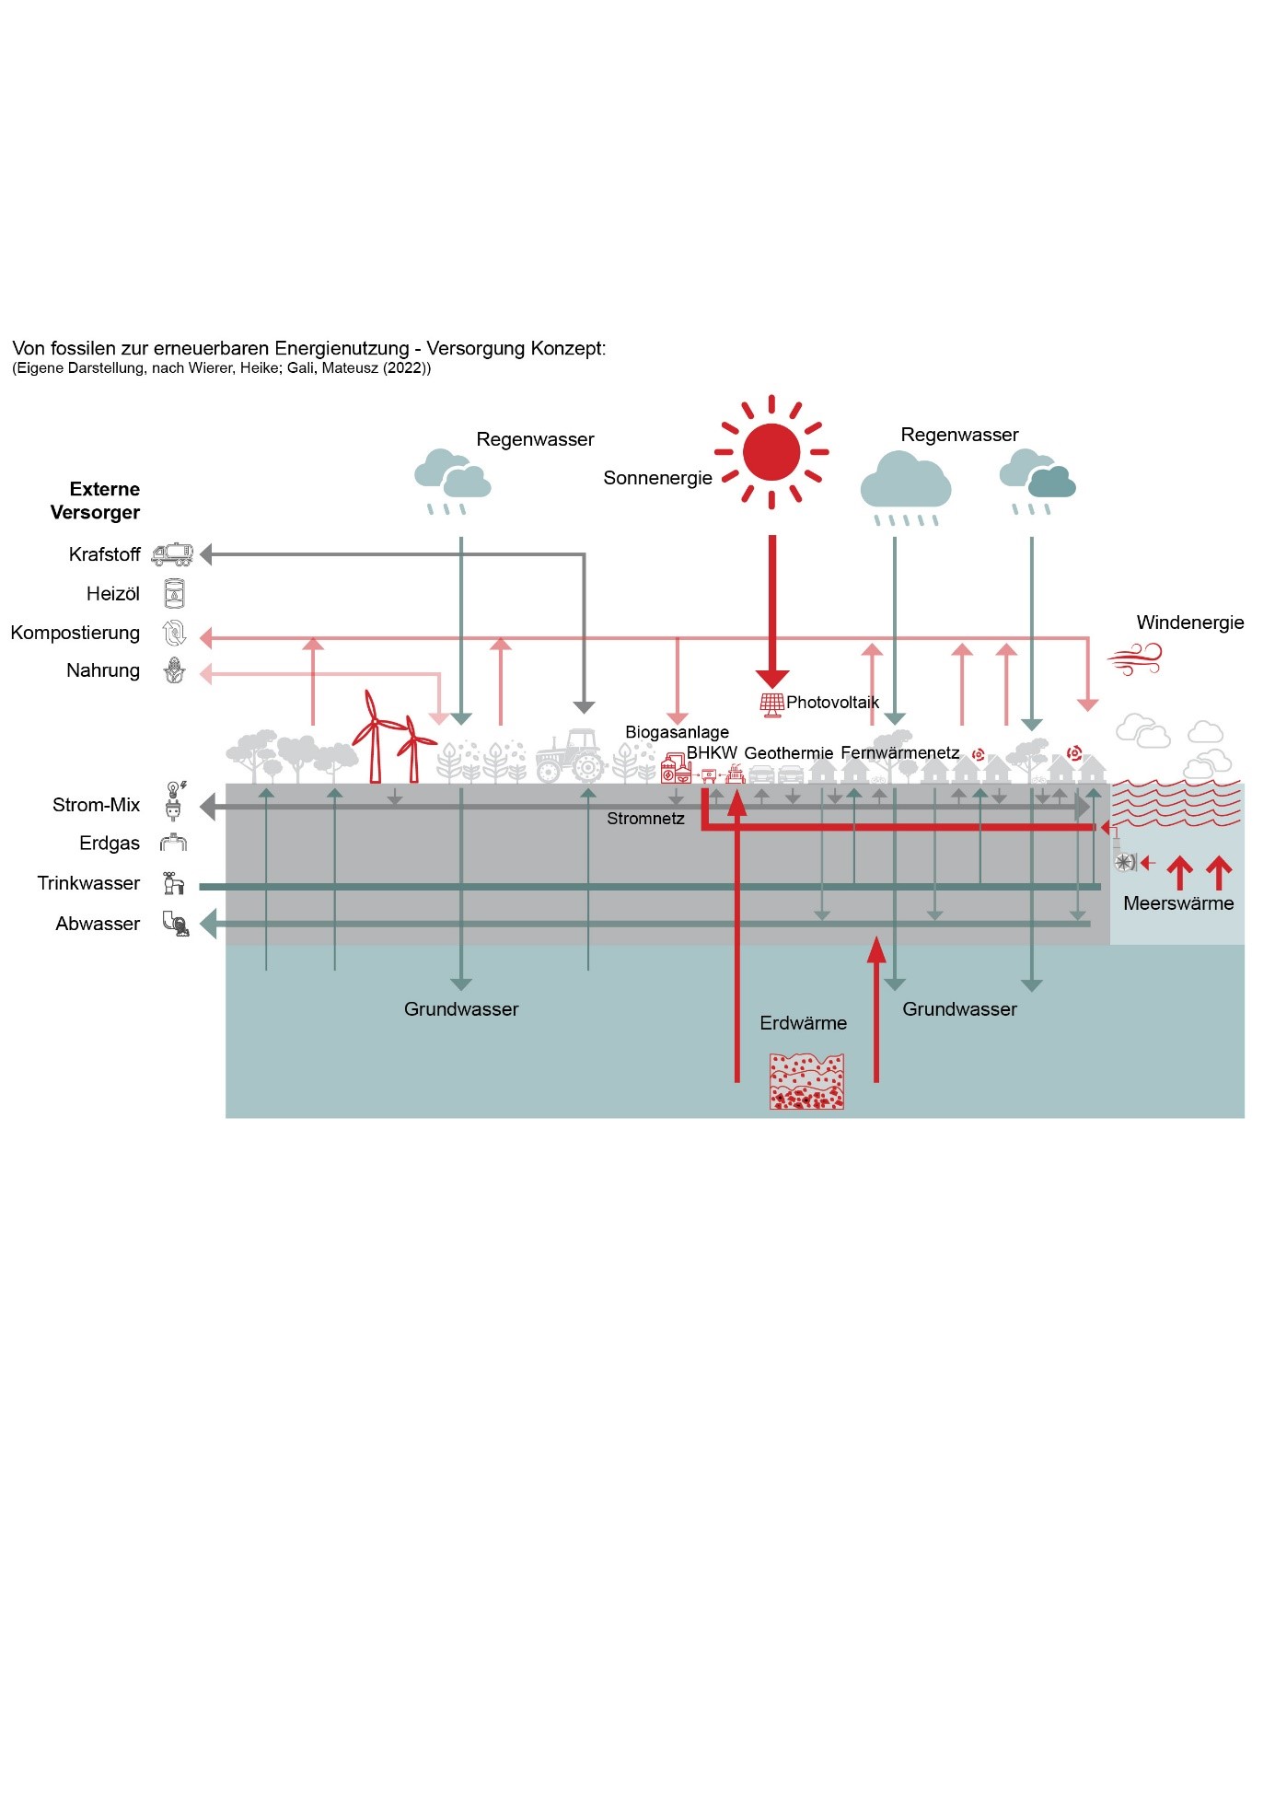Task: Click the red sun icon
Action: tap(771, 452)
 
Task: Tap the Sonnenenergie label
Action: tap(657, 478)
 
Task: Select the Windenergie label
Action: tap(1189, 623)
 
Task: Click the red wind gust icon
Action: tap(1134, 658)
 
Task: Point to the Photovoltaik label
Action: tap(832, 703)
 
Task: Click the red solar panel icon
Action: tap(771, 704)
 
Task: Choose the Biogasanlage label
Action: tap(677, 732)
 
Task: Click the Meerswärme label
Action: tap(1178, 903)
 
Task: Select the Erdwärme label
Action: tap(803, 1023)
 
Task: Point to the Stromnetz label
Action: tap(645, 819)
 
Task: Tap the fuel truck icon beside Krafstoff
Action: tap(172, 554)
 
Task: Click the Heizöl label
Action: tap(112, 594)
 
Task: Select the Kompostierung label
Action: tap(75, 633)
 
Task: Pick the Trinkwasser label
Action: tap(88, 883)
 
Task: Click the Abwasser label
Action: tap(98, 924)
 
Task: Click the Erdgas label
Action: tap(110, 844)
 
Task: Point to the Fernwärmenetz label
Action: tap(899, 753)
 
